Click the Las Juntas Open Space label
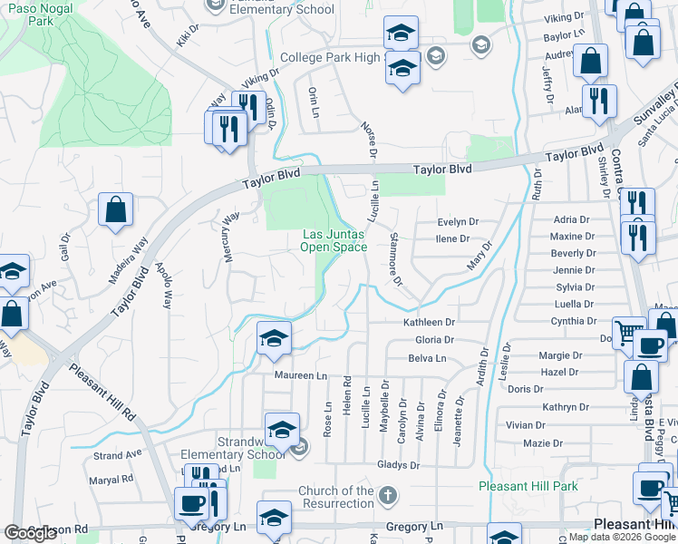334,239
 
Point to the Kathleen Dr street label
429,322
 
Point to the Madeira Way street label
126,259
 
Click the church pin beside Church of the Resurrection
388,496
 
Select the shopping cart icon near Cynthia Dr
628,332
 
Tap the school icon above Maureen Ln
274,338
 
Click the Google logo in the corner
31,533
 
